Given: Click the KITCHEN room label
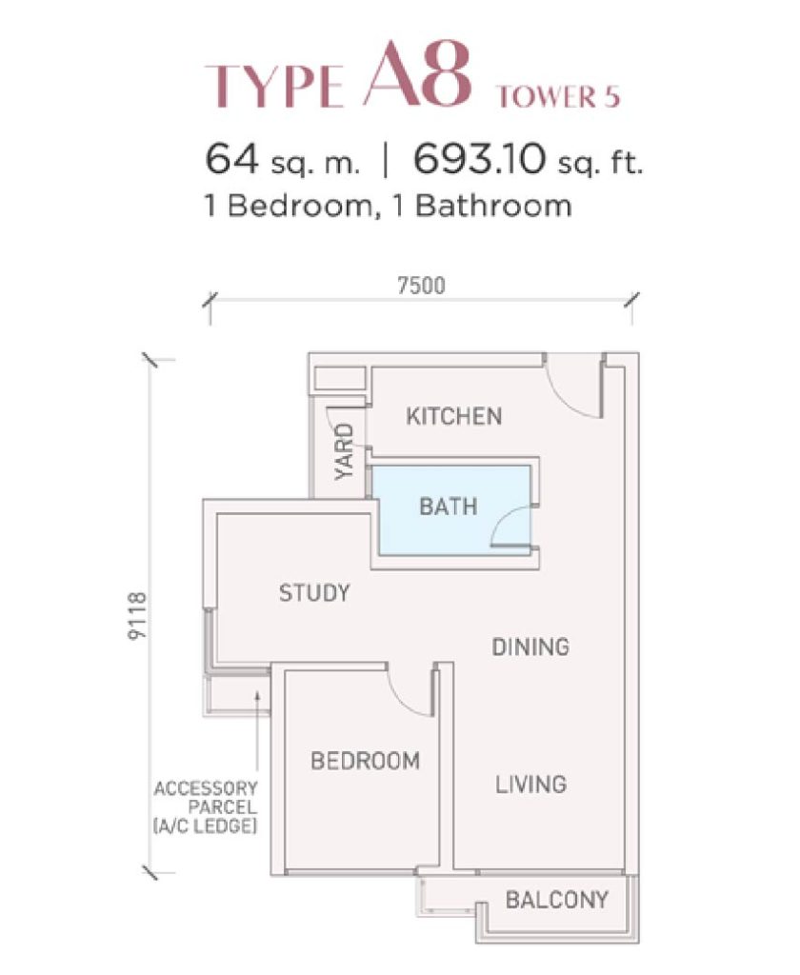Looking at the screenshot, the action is tap(453, 416).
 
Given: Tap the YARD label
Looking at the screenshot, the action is tap(344, 451).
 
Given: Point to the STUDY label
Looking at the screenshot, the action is tap(313, 593).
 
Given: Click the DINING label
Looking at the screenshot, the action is tap(530, 647).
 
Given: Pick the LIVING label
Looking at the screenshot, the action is tap(530, 785).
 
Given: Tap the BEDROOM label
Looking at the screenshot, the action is tap(365, 761).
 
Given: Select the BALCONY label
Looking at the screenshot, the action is tap(557, 900).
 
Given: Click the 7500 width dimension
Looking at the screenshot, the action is tap(421, 286).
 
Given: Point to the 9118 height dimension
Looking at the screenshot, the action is tap(137, 615).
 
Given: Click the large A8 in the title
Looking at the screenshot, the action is tap(416, 73).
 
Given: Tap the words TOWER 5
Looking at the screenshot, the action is tap(559, 97).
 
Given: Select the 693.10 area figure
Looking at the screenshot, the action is tap(478, 159).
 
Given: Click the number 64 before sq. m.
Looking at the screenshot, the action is tap(231, 159).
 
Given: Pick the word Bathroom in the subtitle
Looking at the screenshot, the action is tap(493, 206).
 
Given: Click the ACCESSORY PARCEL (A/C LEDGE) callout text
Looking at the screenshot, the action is tap(206, 807).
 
